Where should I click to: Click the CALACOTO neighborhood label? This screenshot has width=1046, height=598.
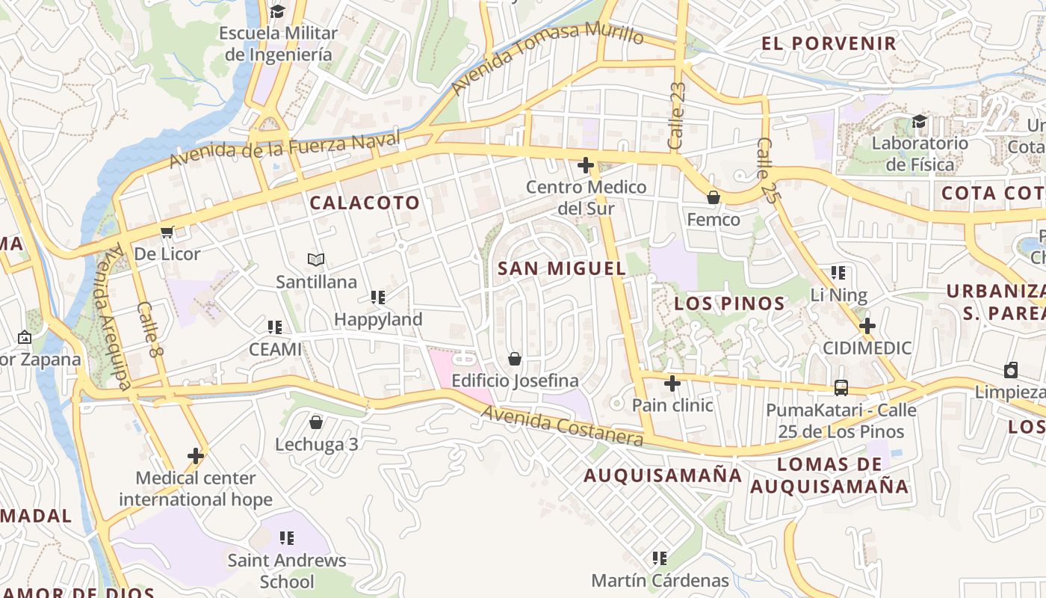pyautogui.click(x=365, y=203)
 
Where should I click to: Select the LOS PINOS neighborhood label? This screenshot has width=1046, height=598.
pyautogui.click(x=729, y=303)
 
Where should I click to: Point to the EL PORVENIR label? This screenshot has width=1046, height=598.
pyautogui.click(x=829, y=43)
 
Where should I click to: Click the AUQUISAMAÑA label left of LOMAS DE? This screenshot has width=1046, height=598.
pyautogui.click(x=663, y=475)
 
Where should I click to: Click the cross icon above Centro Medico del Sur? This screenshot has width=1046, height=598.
pyautogui.click(x=586, y=165)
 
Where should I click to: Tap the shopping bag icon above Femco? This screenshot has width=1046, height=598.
pyautogui.click(x=714, y=198)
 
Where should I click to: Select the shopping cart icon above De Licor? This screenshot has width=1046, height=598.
pyautogui.click(x=167, y=232)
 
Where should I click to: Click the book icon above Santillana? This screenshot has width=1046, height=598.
pyautogui.click(x=316, y=260)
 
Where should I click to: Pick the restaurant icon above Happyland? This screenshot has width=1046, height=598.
pyautogui.click(x=378, y=298)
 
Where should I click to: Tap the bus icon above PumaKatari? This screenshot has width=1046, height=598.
pyautogui.click(x=841, y=388)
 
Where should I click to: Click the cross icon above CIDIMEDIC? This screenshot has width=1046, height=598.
pyautogui.click(x=867, y=326)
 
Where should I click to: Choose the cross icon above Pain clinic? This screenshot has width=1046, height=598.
pyautogui.click(x=672, y=383)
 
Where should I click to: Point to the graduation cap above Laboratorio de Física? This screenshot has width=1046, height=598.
pyautogui.click(x=919, y=121)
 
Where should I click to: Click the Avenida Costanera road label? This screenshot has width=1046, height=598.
pyautogui.click(x=561, y=426)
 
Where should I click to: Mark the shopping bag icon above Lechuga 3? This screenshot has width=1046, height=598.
pyautogui.click(x=316, y=422)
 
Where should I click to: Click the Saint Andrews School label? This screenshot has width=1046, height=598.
pyautogui.click(x=287, y=570)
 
